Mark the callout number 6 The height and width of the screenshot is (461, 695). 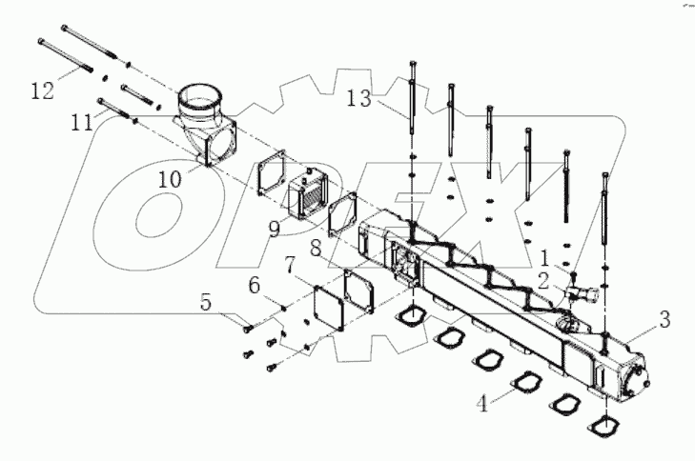click(x=253, y=284)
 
